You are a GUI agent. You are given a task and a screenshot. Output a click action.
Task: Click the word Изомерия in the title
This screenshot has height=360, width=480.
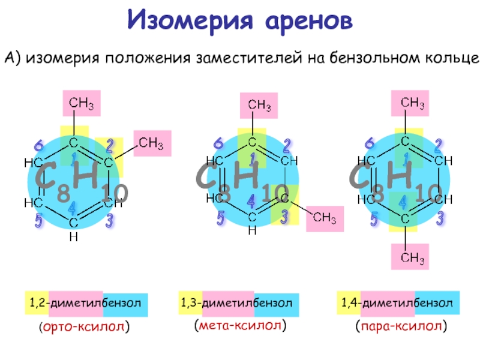click(x=190, y=20)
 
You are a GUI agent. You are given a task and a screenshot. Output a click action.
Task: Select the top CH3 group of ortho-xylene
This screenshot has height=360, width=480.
click(x=82, y=103)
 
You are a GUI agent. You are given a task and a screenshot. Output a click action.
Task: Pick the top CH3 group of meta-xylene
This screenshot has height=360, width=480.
click(x=259, y=106)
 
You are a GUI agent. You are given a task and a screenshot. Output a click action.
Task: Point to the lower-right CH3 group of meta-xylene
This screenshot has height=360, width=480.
click(x=325, y=218)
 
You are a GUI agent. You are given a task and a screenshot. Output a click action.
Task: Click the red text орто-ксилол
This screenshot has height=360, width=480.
click(x=84, y=326)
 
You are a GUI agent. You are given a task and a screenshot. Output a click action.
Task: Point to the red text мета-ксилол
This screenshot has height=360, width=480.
click(x=240, y=325)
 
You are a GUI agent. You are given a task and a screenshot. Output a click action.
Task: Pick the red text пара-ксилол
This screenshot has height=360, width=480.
click(x=401, y=326)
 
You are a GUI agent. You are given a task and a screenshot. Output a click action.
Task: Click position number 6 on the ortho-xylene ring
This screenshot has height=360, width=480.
click(x=39, y=145)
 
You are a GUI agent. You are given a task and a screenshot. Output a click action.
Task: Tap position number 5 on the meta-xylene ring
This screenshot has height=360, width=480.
click(x=220, y=218)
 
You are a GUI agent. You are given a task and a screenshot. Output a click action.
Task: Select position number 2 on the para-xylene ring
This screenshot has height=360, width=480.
click(x=438, y=146)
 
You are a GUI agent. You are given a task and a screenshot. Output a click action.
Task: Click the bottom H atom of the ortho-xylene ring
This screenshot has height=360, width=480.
click(x=73, y=236)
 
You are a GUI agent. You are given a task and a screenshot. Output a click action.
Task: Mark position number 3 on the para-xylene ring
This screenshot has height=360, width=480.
click(x=440, y=218)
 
